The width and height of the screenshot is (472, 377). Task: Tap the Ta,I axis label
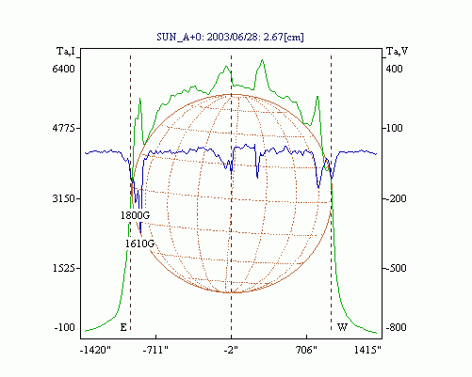tap(66, 51)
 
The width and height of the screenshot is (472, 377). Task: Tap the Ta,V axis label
tap(397, 51)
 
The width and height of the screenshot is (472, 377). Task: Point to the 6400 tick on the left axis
tap(64, 69)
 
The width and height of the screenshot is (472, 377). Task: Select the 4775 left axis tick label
tap(64, 128)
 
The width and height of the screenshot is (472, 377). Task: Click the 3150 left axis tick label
tap(64, 198)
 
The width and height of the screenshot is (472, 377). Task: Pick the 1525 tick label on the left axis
tap(64, 269)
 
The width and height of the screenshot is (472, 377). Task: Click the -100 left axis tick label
tap(65, 328)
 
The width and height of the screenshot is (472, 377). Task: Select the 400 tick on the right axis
tap(395, 69)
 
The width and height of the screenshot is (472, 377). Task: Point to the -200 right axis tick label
tap(396, 198)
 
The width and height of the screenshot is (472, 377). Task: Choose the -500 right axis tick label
tap(396, 269)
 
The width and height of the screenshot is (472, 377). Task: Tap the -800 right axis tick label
tap(396, 328)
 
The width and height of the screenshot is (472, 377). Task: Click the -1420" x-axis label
tap(95, 350)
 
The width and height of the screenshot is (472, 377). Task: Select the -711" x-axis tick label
tap(155, 350)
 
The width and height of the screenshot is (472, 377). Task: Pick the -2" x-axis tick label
tap(231, 350)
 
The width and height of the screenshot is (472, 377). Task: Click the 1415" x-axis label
tap(367, 350)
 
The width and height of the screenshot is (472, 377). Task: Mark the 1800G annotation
tap(136, 215)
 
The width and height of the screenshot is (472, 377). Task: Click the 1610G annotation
tap(140, 243)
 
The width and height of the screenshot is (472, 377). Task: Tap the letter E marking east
tap(123, 328)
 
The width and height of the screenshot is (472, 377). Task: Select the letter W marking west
tap(342, 328)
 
